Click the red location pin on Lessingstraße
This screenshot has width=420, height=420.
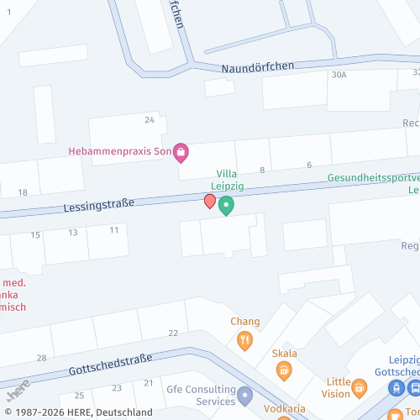(x=210, y=201)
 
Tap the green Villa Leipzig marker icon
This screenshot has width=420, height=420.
(x=226, y=205)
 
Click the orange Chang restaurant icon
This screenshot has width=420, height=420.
(x=245, y=340)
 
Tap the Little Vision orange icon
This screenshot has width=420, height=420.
(x=360, y=387)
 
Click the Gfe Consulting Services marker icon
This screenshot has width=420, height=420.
(x=244, y=395)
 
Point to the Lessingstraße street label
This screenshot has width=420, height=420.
(x=99, y=205)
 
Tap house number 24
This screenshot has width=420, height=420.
(x=150, y=120)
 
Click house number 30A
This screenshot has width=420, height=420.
(x=339, y=75)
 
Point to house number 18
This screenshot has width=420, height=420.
(x=23, y=192)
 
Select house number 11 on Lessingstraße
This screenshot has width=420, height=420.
(x=114, y=229)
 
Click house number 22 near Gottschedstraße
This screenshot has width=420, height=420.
(x=173, y=333)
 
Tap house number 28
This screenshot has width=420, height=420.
(x=42, y=359)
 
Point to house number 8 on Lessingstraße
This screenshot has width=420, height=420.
(x=262, y=170)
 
